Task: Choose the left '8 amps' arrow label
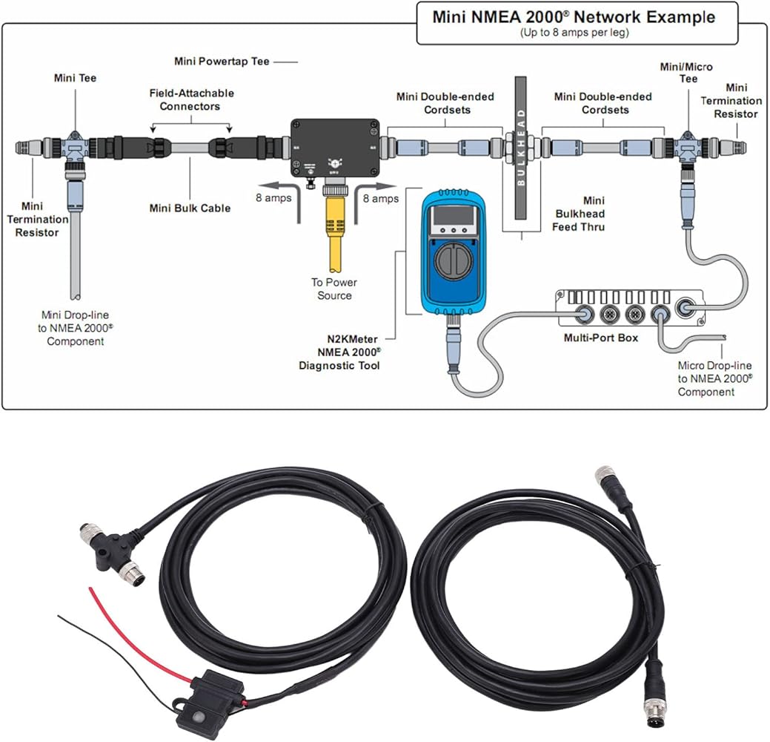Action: [x=273, y=198]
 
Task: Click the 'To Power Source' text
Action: [x=333, y=289]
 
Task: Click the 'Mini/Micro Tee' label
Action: [x=686, y=73]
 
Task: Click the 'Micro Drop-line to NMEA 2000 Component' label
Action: [x=714, y=378]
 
